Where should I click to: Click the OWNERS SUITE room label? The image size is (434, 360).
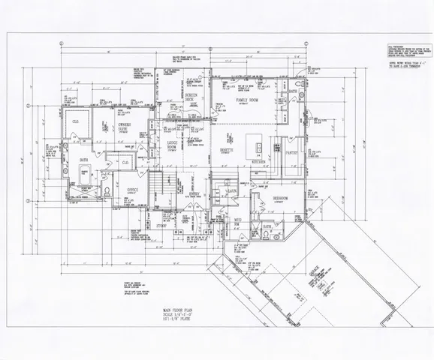tap(125, 128)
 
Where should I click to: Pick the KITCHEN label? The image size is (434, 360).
tap(259, 161)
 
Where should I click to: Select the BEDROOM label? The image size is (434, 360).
tap(281, 198)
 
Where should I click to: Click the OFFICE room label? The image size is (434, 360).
tap(132, 190)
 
